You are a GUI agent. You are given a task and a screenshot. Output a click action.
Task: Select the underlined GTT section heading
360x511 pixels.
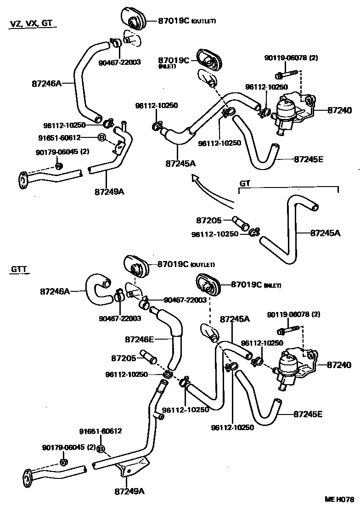(17, 269)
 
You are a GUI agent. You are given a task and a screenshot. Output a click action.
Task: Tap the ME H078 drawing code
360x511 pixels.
(340, 500)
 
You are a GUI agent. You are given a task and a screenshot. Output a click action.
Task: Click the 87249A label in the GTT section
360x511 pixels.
(129, 491)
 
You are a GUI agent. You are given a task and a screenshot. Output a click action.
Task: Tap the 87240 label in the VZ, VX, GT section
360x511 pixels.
(339, 110)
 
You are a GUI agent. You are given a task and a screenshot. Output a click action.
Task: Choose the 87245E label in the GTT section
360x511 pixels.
(308, 414)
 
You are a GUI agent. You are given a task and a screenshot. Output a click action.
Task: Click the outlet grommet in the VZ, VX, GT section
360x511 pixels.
(134, 21)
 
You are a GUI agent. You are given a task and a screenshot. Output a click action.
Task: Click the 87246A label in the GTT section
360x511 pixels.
(55, 291)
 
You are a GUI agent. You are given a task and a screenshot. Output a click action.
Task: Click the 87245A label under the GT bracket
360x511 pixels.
(325, 233)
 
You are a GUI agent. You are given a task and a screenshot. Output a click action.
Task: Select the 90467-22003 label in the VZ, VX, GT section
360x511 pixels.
(119, 62)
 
